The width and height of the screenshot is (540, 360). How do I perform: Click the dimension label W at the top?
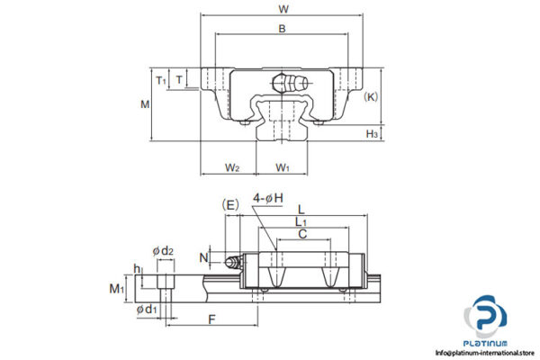[283, 9]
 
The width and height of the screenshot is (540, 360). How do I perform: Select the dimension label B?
[282, 30]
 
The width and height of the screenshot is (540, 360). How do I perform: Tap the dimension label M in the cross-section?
[145, 104]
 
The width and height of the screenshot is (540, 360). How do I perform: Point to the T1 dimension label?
[161, 80]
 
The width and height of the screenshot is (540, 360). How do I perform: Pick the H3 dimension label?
[372, 133]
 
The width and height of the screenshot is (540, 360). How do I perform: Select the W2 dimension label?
[231, 166]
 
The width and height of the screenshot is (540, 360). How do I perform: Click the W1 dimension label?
[283, 166]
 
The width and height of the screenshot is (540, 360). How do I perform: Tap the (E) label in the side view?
[230, 204]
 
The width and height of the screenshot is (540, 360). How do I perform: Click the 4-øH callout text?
[267, 198]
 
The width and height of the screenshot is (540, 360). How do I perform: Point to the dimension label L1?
[301, 220]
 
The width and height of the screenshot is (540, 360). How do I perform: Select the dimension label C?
[302, 233]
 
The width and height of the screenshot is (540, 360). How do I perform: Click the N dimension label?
[204, 258]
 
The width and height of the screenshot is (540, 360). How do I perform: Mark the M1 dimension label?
[115, 288]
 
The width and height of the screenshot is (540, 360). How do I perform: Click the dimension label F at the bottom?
[211, 319]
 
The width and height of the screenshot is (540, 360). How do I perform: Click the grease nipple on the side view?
[233, 263]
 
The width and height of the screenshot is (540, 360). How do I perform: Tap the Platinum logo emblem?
[486, 318]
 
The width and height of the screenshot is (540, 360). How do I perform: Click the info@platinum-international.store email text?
[486, 353]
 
